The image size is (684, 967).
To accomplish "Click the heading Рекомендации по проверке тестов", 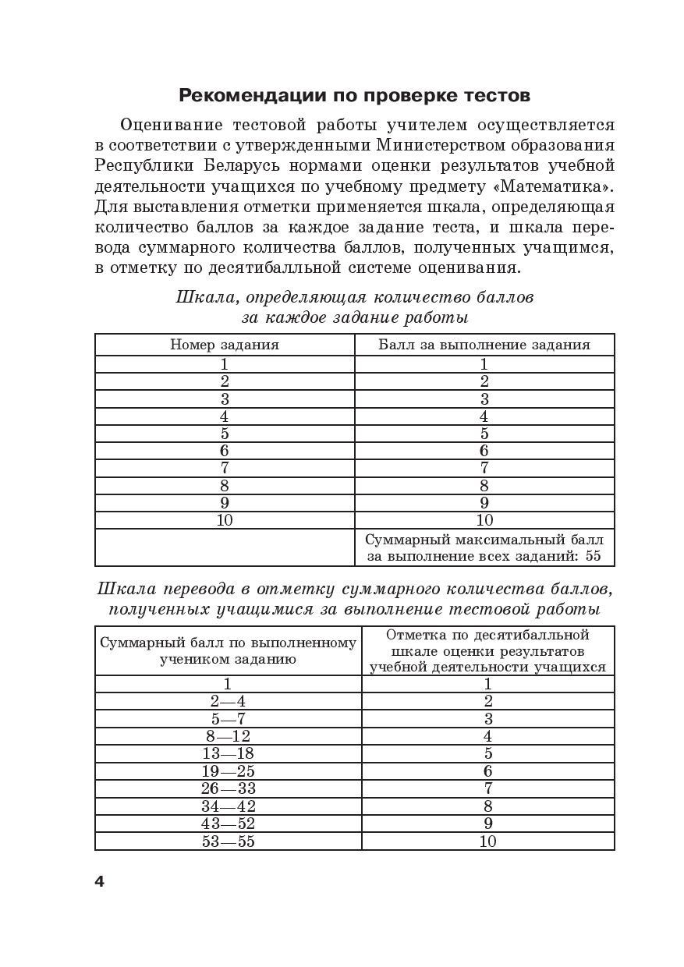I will [x=354, y=96].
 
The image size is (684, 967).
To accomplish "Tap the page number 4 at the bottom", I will [x=99, y=882].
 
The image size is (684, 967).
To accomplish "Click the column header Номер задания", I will [x=225, y=345].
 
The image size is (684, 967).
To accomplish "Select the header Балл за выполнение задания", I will [x=484, y=345].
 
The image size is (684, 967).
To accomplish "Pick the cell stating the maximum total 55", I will [x=484, y=547].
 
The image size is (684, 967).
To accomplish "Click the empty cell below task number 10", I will [x=225, y=547].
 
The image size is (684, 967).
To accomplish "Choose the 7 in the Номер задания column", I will [x=225, y=468].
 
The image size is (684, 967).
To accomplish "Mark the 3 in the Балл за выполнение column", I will [x=484, y=398].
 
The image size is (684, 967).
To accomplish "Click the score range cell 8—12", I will [x=228, y=736].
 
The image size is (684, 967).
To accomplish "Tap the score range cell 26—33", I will [x=228, y=788].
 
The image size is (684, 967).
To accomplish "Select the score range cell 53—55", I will [x=228, y=841].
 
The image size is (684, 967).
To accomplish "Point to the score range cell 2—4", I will [x=228, y=701].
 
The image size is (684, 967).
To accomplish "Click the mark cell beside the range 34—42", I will [x=488, y=806].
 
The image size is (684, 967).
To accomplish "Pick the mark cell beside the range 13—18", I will [x=488, y=753].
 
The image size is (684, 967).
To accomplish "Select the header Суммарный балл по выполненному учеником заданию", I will [x=228, y=650].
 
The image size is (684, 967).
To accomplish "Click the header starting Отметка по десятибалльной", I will [x=488, y=650].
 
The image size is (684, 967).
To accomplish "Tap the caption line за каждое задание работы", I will [x=354, y=317].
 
